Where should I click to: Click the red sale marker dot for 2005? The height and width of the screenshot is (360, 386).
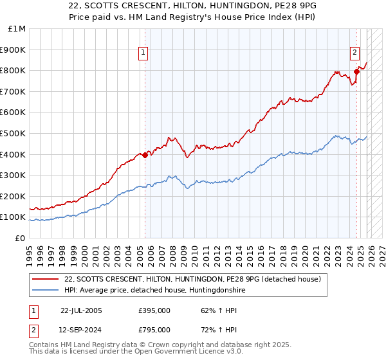point(145,155)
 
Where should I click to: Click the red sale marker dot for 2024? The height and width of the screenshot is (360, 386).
point(356,72)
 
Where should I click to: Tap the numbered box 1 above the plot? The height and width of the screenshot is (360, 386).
point(143,53)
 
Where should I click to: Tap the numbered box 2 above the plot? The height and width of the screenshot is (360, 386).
point(354,53)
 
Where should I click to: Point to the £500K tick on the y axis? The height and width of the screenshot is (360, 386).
point(14,133)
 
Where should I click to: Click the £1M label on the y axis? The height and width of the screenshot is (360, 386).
point(17,29)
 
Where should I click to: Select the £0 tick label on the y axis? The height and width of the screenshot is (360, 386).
point(20,238)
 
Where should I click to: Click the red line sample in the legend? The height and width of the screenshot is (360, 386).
point(46,279)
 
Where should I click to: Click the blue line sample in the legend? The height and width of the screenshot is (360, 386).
point(46,291)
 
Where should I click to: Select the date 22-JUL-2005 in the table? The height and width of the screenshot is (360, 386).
point(80,310)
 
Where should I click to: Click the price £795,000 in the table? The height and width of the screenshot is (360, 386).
point(154,329)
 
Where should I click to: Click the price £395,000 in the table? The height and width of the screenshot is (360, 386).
point(154,310)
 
